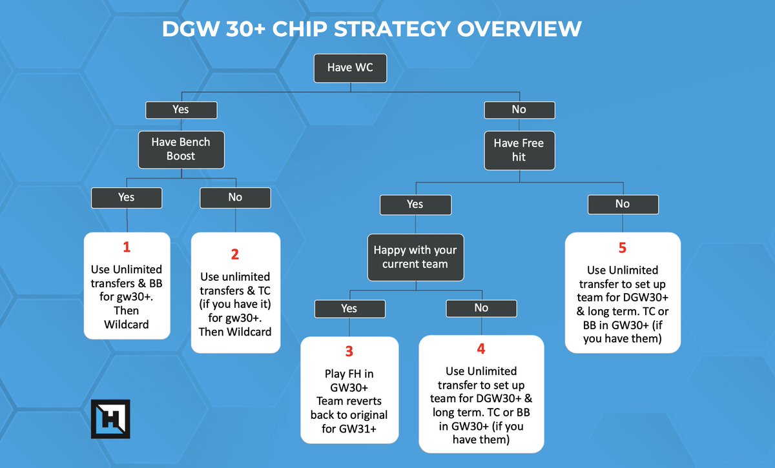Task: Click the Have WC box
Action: tap(349, 68)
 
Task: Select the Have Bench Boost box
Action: tap(181, 149)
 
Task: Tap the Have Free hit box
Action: tap(519, 149)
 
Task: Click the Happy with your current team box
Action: tap(415, 257)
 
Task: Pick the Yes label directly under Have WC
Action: tap(181, 109)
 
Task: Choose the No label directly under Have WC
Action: tap(519, 109)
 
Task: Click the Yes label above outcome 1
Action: tap(127, 197)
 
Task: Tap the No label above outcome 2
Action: tap(235, 197)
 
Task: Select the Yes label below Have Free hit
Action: tap(415, 204)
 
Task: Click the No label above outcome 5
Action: tap(623, 204)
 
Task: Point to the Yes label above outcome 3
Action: tap(349, 309)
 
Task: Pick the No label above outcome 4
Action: tap(481, 308)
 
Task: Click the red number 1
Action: tap(127, 247)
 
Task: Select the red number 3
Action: tap(349, 352)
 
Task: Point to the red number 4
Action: tap(481, 349)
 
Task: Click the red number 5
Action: tap(623, 248)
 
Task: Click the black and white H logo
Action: tap(110, 419)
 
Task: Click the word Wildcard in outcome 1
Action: tap(127, 324)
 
